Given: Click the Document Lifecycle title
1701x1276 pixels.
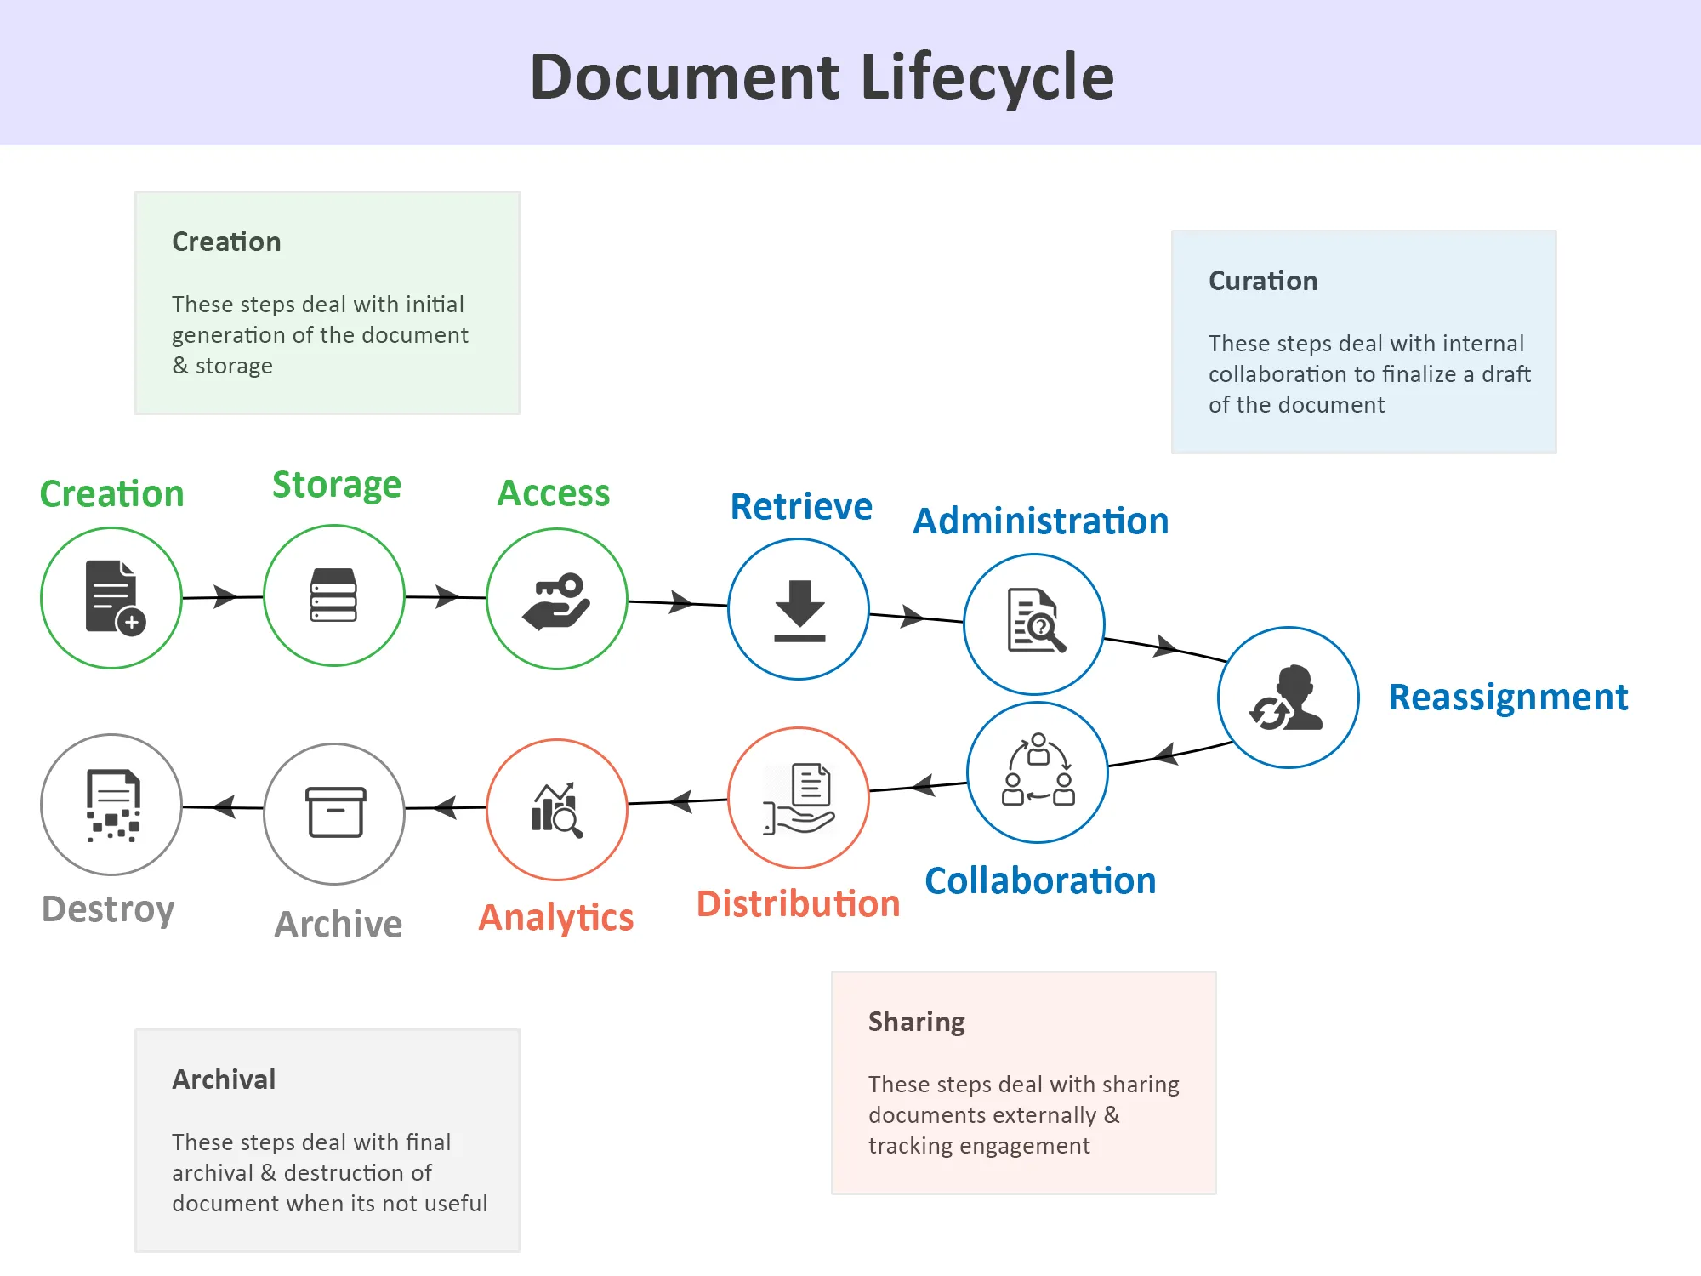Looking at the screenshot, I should [822, 77].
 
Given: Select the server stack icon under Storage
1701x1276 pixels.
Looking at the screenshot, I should [333, 595].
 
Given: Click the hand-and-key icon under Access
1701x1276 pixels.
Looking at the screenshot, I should [557, 601].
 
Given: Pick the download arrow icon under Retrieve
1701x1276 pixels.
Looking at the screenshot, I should [799, 610].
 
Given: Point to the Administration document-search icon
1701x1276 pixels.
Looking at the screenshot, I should [1035, 621].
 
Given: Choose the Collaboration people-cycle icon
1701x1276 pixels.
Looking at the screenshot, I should [1038, 770].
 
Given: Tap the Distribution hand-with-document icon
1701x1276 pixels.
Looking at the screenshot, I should [799, 798].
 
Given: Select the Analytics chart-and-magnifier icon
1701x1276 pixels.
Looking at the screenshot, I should [557, 810].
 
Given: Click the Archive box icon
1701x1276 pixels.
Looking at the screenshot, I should [335, 812].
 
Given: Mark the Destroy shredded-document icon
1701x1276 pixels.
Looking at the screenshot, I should [112, 805].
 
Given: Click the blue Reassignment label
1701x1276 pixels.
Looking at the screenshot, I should [1508, 698].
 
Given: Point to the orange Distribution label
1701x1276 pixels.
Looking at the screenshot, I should [798, 903].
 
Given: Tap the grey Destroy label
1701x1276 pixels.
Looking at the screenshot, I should [108, 909].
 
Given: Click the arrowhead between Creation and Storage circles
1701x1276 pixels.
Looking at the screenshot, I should [225, 596].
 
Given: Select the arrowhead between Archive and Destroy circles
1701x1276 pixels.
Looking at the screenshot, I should [224, 806].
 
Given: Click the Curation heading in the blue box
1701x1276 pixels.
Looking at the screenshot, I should [1263, 281].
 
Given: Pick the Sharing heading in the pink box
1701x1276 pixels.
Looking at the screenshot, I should [916, 1022].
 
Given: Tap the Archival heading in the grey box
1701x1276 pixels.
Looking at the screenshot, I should [224, 1079].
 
